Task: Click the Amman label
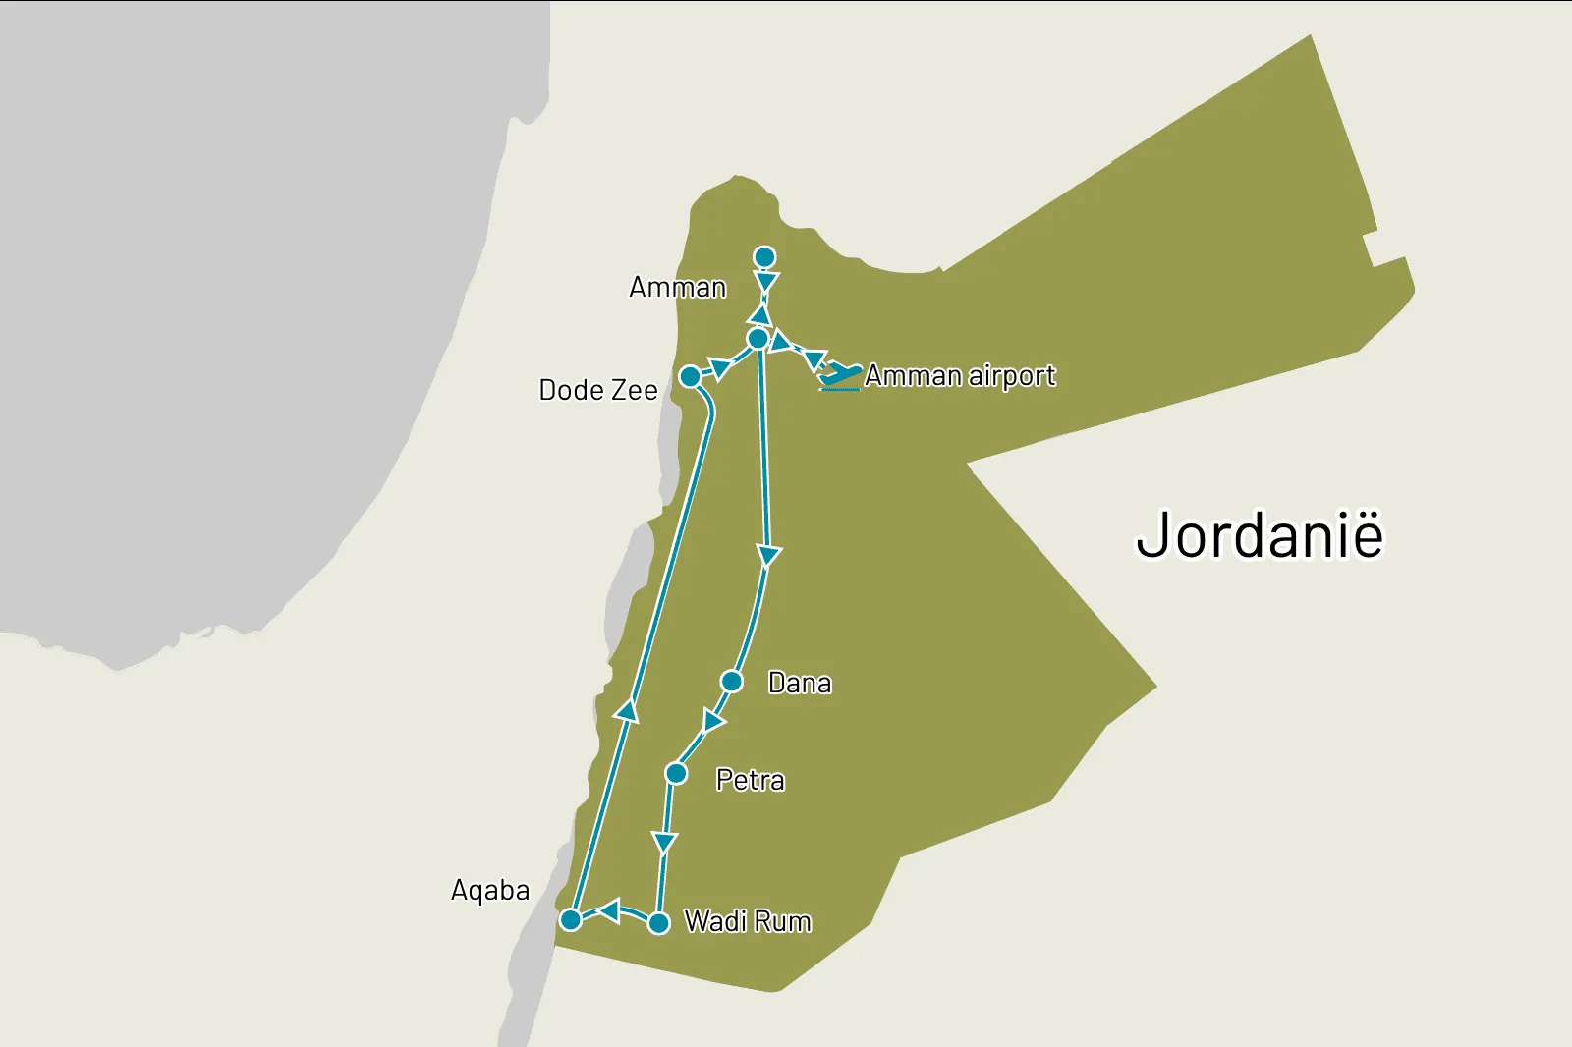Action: point(678,288)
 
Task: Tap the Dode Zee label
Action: point(598,390)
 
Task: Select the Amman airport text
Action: point(960,376)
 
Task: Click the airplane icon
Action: point(840,376)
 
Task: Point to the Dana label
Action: point(800,683)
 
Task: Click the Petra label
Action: point(750,780)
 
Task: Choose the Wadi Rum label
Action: point(748,921)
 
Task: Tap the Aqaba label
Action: point(490,890)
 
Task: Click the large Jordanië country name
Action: point(1260,536)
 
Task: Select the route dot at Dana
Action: point(731,681)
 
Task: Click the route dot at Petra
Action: point(676,774)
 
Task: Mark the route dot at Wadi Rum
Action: point(659,923)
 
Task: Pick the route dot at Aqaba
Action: point(570,920)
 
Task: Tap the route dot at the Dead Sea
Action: point(690,377)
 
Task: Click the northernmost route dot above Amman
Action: point(764,257)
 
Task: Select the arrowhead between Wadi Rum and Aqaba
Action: point(609,911)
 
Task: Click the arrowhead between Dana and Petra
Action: point(713,723)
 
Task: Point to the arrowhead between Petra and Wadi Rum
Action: point(665,843)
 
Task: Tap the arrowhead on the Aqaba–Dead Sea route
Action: point(627,710)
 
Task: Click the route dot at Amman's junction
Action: point(758,339)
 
